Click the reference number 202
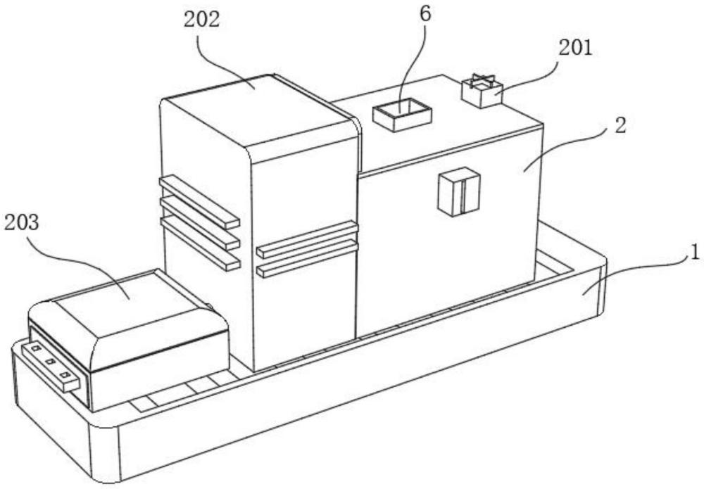tap(201, 19)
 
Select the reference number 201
tap(575, 48)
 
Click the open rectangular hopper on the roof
tap(401, 115)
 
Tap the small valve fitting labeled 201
tap(482, 92)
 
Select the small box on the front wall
tap(458, 191)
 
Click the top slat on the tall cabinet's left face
tap(199, 201)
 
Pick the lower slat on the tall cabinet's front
tap(308, 259)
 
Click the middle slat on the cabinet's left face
tap(200, 222)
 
